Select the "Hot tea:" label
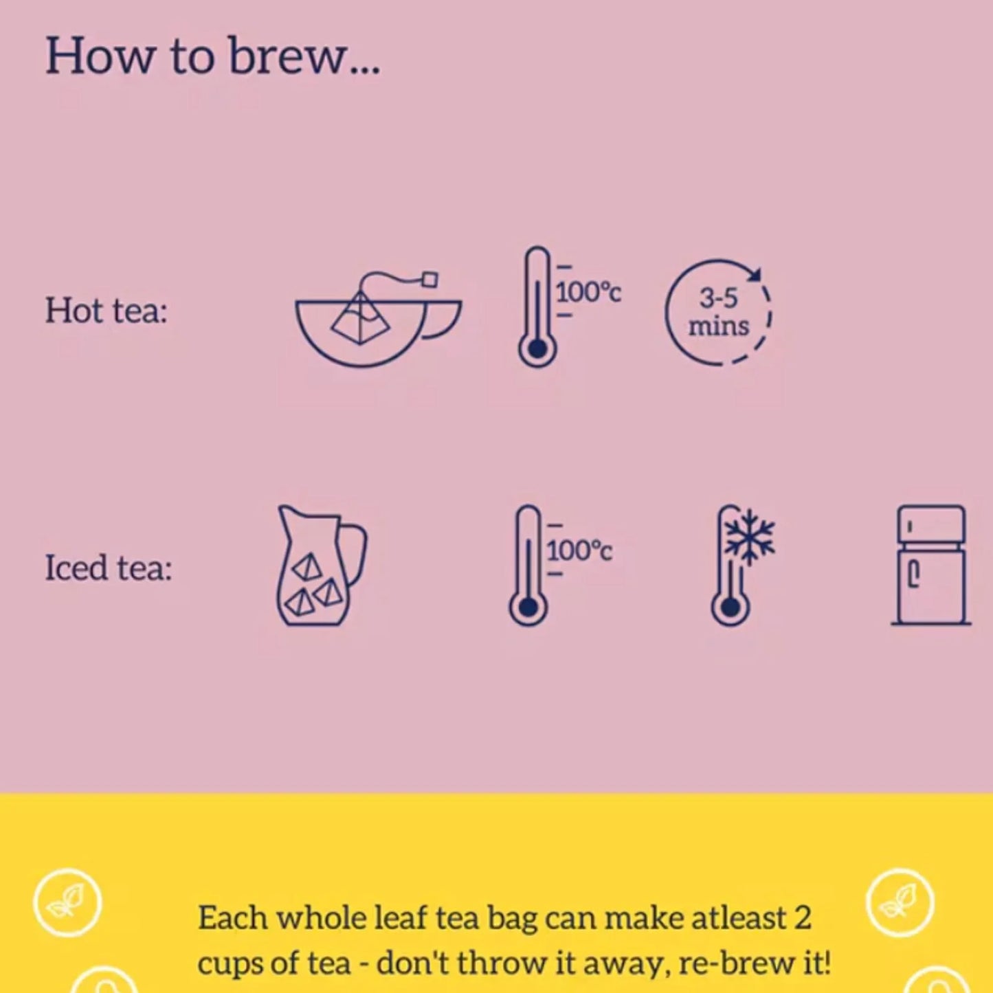point(107,311)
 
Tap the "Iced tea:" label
point(109,568)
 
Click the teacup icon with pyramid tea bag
point(378,323)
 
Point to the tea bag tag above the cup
point(429,279)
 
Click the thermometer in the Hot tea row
point(537,307)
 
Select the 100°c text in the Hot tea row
point(588,293)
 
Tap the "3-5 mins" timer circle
point(718,313)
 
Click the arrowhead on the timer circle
point(755,274)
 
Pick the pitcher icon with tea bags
point(320,567)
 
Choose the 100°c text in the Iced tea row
point(579,550)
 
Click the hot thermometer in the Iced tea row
point(528,566)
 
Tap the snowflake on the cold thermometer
point(750,536)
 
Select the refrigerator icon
point(931,565)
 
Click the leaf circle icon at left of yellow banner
point(67,903)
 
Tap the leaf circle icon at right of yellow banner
point(899,903)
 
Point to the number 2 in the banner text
point(803,918)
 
